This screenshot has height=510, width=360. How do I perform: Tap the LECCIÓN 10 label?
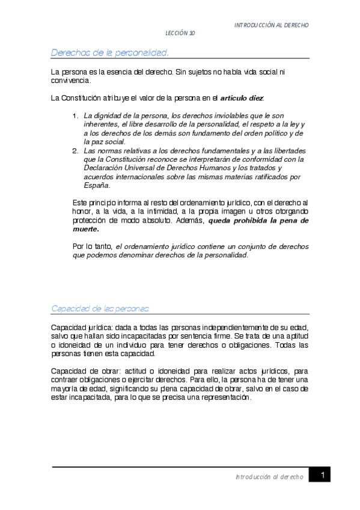click(x=180, y=34)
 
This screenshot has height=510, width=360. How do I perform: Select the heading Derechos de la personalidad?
click(x=109, y=53)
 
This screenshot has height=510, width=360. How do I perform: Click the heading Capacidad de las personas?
click(x=100, y=308)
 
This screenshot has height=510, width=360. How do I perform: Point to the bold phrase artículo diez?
click(x=242, y=97)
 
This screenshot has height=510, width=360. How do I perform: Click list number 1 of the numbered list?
click(x=75, y=115)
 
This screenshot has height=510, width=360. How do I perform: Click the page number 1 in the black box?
click(x=323, y=476)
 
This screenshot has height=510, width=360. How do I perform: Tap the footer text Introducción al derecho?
click(x=269, y=476)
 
